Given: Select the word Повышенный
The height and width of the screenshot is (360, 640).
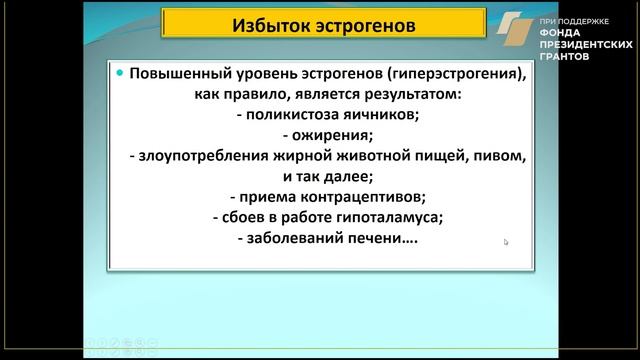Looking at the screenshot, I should pos(181,76).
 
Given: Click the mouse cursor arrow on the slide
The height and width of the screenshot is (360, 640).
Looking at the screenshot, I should pos(506,242).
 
